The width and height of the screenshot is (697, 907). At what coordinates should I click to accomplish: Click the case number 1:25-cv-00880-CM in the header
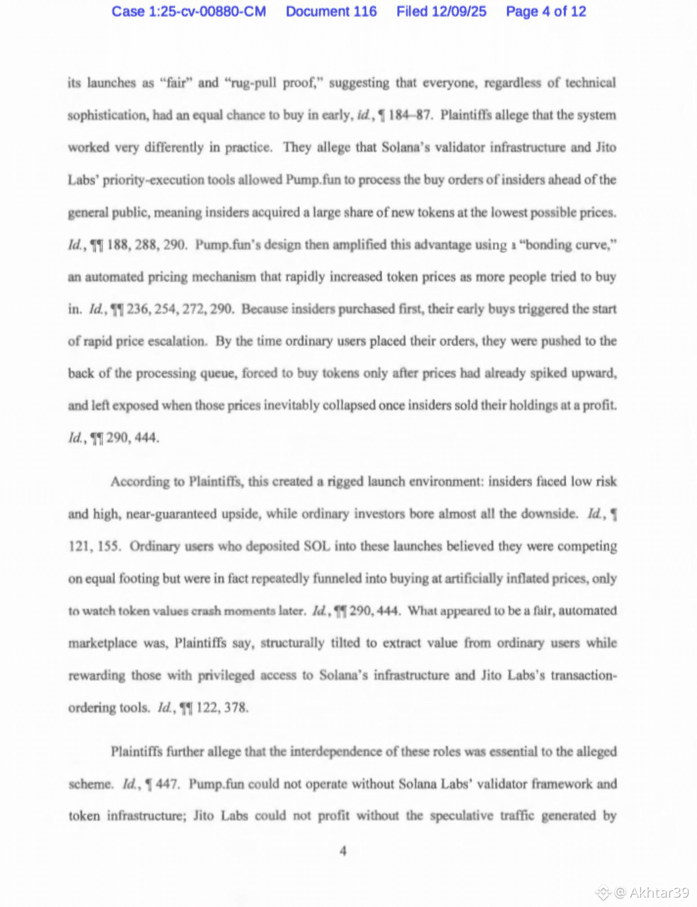point(189,12)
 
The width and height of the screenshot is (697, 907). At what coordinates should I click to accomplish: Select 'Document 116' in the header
point(331,12)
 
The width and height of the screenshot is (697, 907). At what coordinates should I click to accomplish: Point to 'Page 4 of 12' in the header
point(546,12)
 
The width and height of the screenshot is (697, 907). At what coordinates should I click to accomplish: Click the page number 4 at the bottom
point(343,851)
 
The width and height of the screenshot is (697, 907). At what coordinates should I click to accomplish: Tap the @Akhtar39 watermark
point(652,892)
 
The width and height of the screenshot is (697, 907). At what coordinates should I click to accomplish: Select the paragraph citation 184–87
point(409,115)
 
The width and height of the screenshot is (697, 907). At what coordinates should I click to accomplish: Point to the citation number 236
point(138,309)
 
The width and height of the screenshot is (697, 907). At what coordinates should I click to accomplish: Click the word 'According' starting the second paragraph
point(139,482)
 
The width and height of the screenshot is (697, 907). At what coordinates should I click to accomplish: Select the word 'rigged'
point(345,482)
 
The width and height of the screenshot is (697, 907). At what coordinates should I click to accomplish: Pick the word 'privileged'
point(226,675)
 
